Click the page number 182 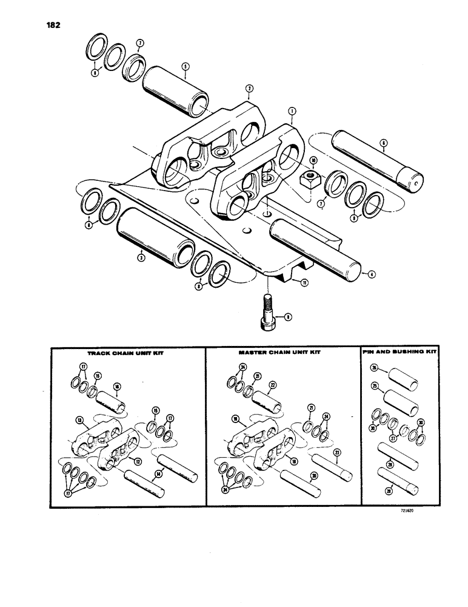coord(51,26)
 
